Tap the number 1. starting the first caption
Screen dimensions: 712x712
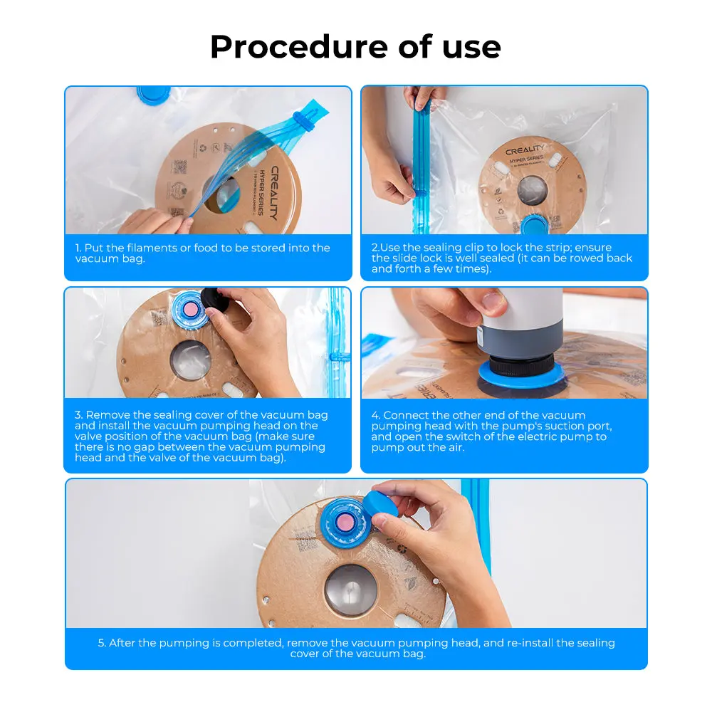coord(78,248)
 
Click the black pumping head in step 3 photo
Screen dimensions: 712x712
coord(214,300)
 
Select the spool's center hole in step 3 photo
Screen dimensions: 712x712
coord(190,359)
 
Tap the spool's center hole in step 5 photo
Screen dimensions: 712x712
coord(351,590)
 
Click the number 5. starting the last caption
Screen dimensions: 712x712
coord(102,643)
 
